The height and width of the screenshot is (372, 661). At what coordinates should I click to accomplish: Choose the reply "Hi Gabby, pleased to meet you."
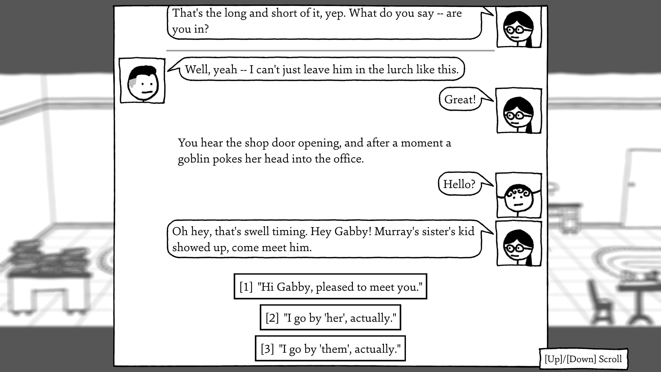coord(330,286)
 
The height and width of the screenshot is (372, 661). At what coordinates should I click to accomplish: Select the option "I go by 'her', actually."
coord(330,317)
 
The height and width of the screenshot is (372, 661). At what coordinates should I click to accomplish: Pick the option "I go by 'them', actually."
coord(330,348)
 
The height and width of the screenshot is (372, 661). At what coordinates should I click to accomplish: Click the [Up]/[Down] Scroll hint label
coord(583,359)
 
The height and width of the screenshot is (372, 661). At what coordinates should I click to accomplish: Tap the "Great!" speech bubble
coord(460,99)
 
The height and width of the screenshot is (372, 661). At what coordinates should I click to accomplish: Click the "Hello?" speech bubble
coord(460,184)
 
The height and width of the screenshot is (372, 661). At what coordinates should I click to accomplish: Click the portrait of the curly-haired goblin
coord(519,196)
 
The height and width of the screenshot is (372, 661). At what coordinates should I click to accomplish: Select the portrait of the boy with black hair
coord(142,81)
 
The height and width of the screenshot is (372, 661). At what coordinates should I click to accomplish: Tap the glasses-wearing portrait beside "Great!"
coord(519,111)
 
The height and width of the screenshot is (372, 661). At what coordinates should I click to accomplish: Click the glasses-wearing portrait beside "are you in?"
coord(519,27)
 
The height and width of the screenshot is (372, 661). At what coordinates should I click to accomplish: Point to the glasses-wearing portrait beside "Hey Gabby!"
coord(519,244)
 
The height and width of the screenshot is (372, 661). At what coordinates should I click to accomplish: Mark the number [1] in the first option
coord(246,287)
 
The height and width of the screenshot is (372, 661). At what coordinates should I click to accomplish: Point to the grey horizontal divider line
coord(330,51)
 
